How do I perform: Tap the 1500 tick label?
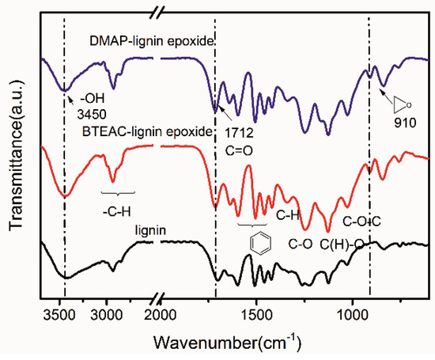click(x=256, y=314)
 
